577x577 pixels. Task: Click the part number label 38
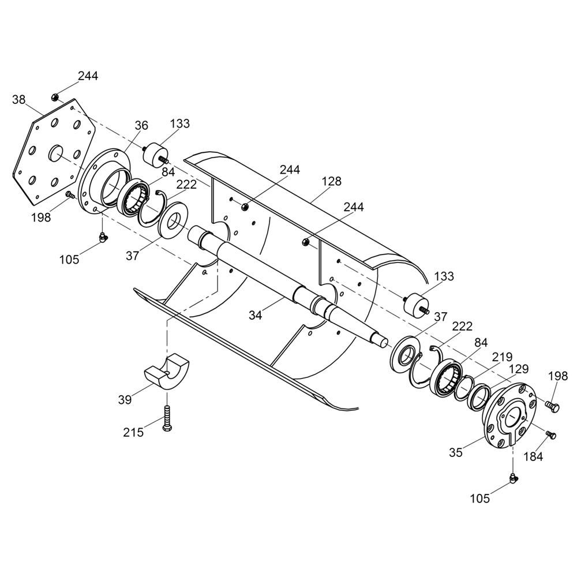[x=19, y=99]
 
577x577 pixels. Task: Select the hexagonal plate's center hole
[x=55, y=153]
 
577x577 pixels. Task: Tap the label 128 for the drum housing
[x=332, y=181]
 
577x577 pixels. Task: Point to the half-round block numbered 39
[x=166, y=372]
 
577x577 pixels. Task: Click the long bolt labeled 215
[x=167, y=418]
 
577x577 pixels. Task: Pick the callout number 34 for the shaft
[x=256, y=315]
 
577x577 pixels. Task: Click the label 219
[x=503, y=357]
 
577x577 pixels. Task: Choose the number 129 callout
[x=519, y=369]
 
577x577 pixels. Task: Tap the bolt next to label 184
[x=551, y=435]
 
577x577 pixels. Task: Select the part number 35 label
[x=456, y=452]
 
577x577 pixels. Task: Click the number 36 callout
[x=141, y=125]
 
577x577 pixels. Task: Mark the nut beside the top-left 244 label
[x=55, y=98]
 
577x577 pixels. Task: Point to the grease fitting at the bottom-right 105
[x=513, y=478]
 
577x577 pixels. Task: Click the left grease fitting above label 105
[x=102, y=237]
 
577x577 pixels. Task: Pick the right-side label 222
[x=462, y=326]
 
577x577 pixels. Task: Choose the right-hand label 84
[x=481, y=343]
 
